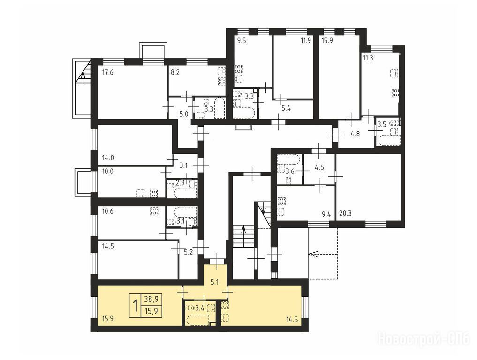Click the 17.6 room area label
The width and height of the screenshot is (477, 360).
[x=108, y=72]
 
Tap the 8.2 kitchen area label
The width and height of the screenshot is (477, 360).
[x=175, y=73]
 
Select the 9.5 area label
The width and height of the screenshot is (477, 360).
[x=242, y=41]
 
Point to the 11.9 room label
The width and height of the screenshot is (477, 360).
[x=305, y=40]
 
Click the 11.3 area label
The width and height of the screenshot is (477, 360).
[x=368, y=58]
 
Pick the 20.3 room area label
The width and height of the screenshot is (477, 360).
[x=345, y=213]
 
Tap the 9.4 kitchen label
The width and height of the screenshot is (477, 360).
[x=326, y=214]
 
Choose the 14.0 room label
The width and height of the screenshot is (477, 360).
[x=108, y=158]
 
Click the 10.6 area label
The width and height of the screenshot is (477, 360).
[x=108, y=211]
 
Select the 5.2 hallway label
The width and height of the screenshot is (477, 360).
[x=189, y=252]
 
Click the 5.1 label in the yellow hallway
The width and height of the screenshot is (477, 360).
[x=215, y=282]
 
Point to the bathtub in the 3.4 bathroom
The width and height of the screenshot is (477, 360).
[x=198, y=320]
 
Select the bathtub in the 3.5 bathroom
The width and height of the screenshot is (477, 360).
[x=389, y=141]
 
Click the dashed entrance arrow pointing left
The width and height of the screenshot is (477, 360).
[x=323, y=254]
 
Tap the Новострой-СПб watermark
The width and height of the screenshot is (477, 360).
[x=424, y=339]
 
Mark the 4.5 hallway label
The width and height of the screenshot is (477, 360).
[x=319, y=167]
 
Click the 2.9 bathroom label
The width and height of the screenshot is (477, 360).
[x=181, y=183]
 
